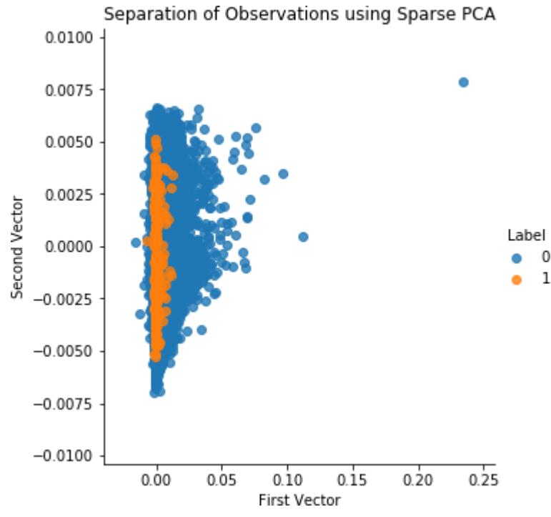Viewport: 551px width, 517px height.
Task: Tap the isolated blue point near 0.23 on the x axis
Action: click(x=463, y=82)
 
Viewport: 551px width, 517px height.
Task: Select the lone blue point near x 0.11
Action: click(x=303, y=237)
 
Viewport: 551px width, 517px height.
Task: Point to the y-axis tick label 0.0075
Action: click(x=70, y=89)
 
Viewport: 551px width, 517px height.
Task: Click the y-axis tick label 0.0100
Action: click(x=70, y=37)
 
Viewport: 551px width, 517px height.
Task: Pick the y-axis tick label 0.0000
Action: click(x=70, y=247)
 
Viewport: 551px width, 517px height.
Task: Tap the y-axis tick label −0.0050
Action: click(x=65, y=351)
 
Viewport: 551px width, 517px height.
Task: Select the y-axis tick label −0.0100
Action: click(x=65, y=456)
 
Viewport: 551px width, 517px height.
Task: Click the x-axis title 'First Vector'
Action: click(x=299, y=500)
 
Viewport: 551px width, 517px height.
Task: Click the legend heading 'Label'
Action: click(x=527, y=235)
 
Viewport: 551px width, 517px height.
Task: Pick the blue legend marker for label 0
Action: click(x=517, y=257)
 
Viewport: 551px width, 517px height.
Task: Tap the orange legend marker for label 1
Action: click(x=517, y=280)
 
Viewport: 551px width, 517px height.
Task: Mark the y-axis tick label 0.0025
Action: click(x=70, y=195)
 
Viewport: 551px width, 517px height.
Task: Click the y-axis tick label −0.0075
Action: click(x=65, y=404)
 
